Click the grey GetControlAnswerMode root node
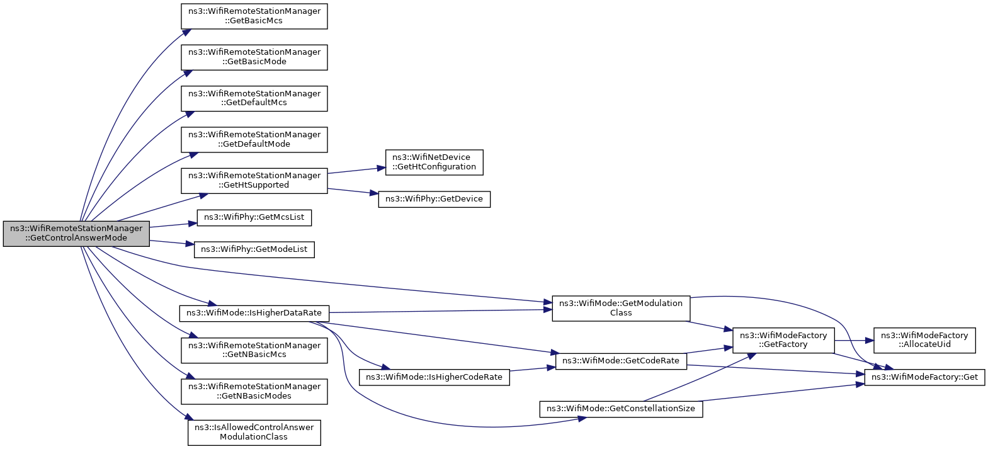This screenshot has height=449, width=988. (76, 233)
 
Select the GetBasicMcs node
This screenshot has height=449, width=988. (254, 16)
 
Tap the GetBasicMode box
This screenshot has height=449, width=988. (254, 57)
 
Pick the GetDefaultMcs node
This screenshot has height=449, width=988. (254, 98)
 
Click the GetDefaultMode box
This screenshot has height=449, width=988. (254, 139)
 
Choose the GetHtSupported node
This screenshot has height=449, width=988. (254, 181)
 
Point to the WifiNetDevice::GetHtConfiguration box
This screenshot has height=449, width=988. (434, 162)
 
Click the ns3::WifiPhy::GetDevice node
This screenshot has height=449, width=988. (434, 199)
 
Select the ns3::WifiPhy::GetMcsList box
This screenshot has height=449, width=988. (254, 217)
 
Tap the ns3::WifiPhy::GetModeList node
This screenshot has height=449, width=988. (254, 249)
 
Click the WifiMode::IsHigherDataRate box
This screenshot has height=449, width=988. (254, 313)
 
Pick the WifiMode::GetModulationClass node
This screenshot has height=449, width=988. (621, 308)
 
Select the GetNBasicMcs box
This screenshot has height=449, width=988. (254, 350)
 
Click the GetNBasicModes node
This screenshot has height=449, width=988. (254, 391)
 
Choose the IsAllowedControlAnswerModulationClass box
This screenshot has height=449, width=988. (254, 432)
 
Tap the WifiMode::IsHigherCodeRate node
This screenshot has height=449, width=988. (434, 377)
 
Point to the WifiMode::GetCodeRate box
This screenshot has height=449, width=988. (621, 361)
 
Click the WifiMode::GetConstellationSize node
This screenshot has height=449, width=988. (621, 409)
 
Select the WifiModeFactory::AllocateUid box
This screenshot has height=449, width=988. (924, 340)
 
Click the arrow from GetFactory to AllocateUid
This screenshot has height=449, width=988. (854, 341)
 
